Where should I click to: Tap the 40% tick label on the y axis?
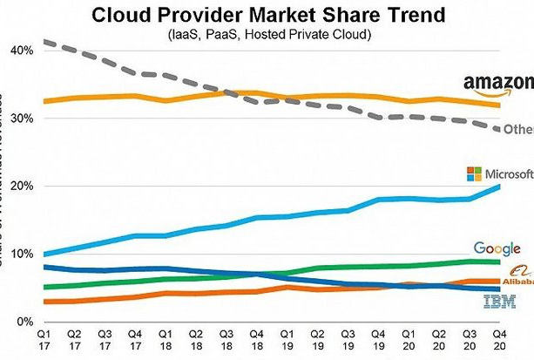(22, 51)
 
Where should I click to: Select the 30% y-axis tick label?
(22, 119)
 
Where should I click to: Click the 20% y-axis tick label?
(22, 187)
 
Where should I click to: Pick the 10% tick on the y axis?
(22, 255)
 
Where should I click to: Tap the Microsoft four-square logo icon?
(474, 173)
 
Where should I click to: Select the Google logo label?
(497, 249)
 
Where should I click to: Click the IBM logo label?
(499, 302)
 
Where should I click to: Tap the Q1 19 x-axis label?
(286, 339)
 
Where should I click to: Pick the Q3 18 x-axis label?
(225, 339)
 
